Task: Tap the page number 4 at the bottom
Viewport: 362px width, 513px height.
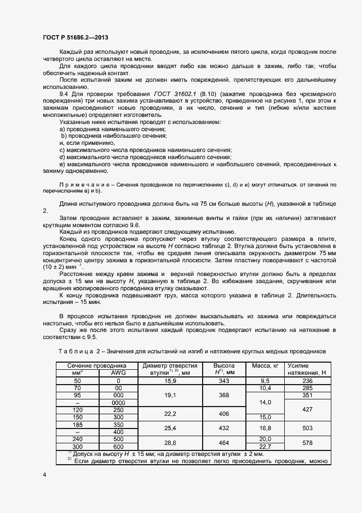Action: (44, 474)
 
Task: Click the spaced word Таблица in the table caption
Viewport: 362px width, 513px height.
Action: (77, 351)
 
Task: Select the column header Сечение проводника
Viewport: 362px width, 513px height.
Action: (97, 365)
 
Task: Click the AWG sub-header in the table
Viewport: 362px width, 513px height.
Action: (118, 373)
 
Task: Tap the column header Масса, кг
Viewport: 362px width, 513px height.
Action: (265, 365)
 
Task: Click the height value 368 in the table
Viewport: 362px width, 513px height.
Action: (223, 395)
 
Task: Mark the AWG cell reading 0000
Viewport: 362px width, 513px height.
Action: (118, 402)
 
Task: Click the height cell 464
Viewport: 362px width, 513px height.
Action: (223, 442)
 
